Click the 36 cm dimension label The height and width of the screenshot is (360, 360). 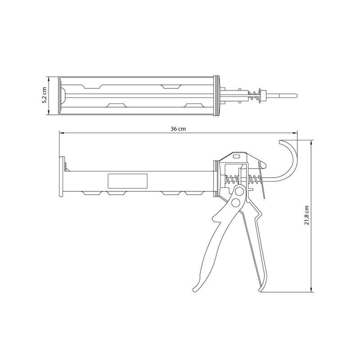coord(178,129)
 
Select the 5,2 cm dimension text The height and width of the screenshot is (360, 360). coord(44,95)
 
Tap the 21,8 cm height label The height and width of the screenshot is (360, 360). coord(307,215)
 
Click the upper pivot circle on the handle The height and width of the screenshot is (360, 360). coord(240,191)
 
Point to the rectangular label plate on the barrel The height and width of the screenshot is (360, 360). coord(127,181)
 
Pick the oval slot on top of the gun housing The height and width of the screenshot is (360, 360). coord(237,156)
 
